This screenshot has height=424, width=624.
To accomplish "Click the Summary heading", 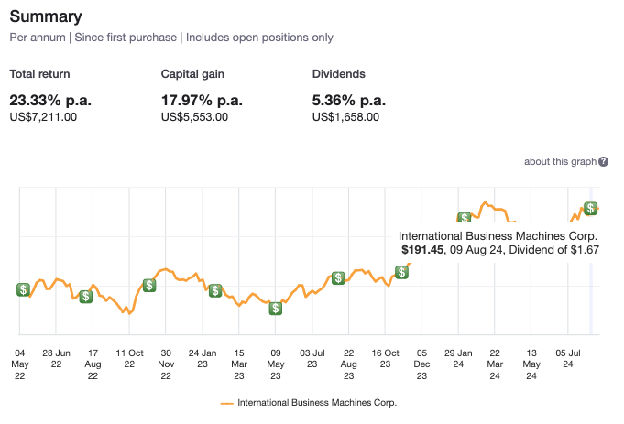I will click(x=45, y=16).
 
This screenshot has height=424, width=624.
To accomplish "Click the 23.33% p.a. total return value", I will click(x=50, y=100).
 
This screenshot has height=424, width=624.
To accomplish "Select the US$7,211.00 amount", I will click(x=43, y=116).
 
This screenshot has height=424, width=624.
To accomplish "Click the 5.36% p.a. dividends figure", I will click(x=348, y=100).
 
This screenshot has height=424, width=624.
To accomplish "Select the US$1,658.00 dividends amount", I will click(x=345, y=116).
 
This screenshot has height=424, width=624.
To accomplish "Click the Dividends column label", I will click(x=338, y=73).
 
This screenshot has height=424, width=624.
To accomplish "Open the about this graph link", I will click(x=559, y=161).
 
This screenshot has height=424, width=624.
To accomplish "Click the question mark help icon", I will click(x=603, y=162).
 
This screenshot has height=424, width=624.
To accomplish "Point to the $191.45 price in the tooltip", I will click(x=422, y=248).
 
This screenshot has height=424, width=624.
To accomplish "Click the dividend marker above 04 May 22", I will click(x=23, y=289).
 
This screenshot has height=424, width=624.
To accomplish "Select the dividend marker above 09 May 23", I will click(x=275, y=308).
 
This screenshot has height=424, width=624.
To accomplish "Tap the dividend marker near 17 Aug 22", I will click(x=85, y=296).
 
